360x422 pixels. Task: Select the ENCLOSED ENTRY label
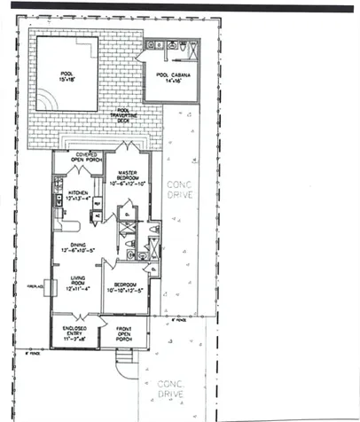point(74,334)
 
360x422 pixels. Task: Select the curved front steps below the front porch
point(125,362)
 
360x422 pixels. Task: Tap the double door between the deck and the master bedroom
point(129,145)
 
